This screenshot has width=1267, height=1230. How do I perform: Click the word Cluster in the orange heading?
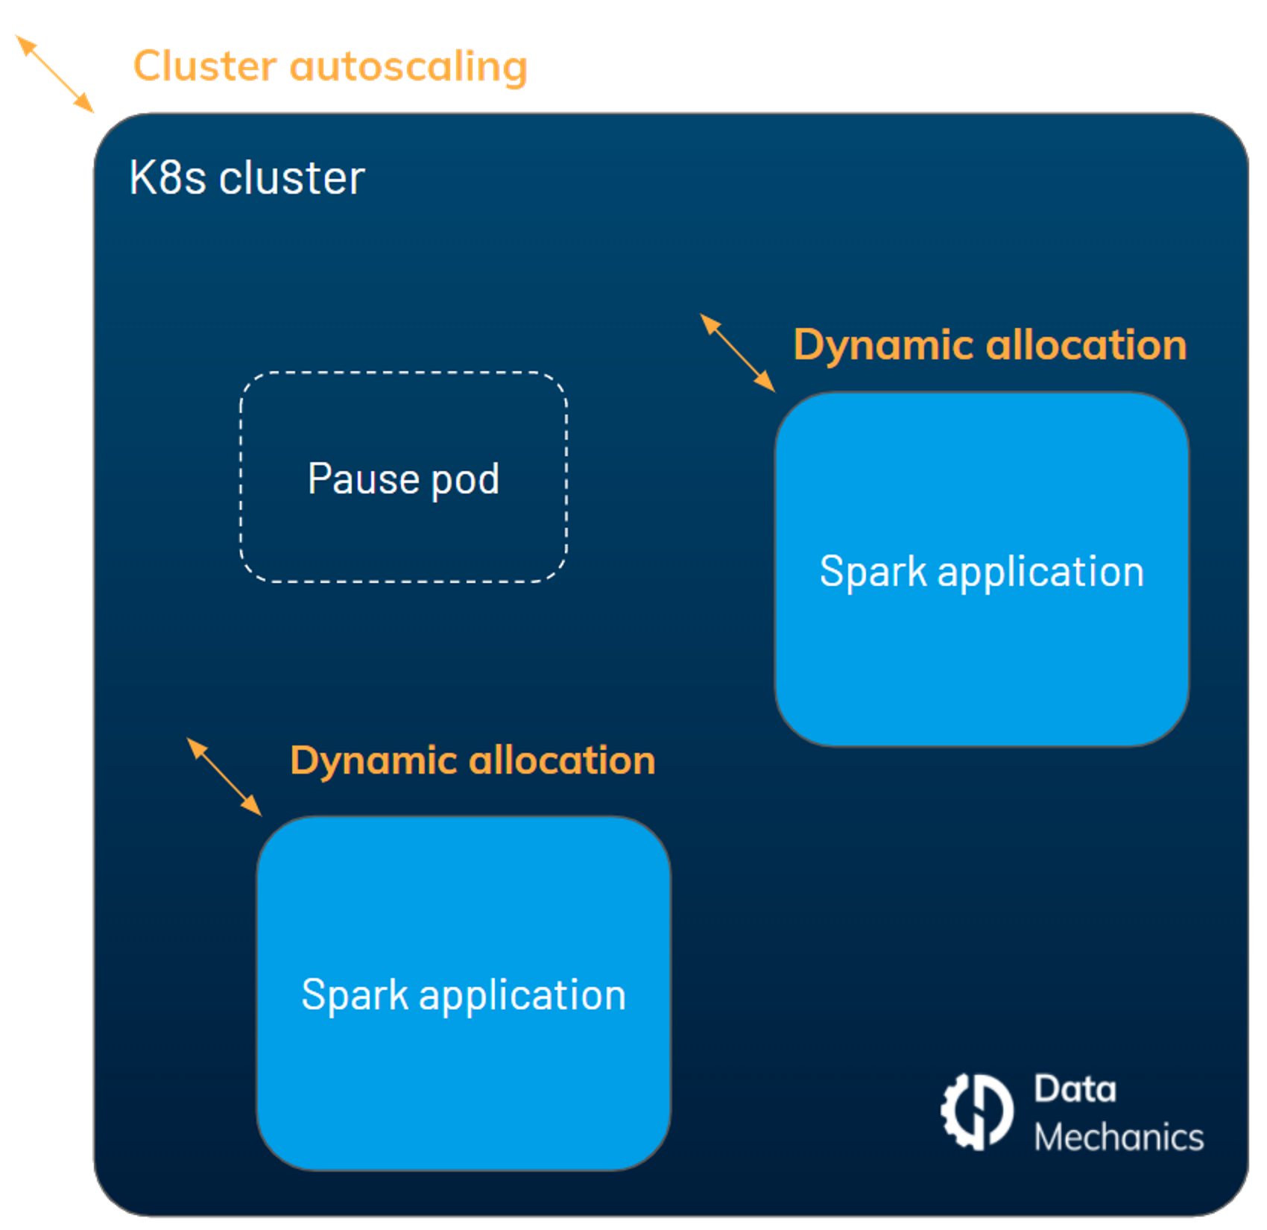click(x=205, y=66)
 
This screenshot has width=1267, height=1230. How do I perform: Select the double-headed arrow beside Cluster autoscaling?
click(x=54, y=74)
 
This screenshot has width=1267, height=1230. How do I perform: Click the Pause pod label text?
click(x=403, y=479)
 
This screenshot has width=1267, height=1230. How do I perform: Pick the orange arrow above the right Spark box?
click(x=738, y=353)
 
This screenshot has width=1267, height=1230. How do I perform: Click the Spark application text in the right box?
click(x=982, y=573)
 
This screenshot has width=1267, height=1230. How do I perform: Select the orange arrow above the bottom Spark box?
click(x=224, y=777)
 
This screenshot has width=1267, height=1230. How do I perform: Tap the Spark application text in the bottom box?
click(x=464, y=995)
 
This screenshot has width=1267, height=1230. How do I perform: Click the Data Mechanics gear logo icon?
click(x=977, y=1111)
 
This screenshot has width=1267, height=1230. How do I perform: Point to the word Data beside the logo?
click(x=1075, y=1089)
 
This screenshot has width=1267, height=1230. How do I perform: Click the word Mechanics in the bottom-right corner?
click(x=1119, y=1138)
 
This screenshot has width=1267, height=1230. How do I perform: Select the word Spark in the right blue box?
click(x=873, y=573)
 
